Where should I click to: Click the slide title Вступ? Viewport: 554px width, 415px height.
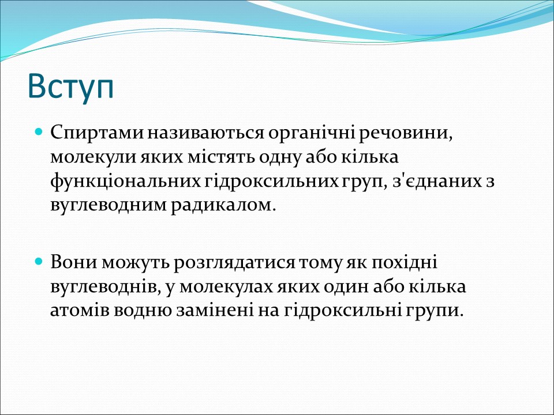70,86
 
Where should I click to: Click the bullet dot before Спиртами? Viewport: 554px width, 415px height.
39,133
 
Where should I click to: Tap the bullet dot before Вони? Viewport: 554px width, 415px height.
39,262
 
